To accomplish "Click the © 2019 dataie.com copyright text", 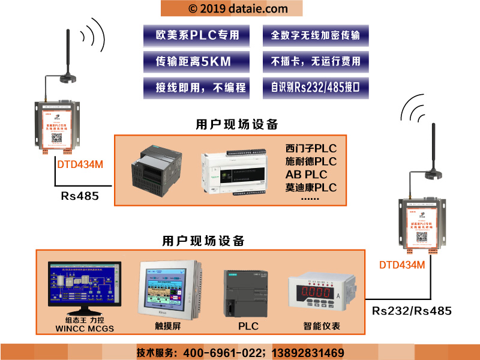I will tap(230, 8).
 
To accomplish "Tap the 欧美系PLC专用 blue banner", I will tap(196, 35).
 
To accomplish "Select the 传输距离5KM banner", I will tap(196, 61).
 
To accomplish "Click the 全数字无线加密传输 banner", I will tap(316, 35).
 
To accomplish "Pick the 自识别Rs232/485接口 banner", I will tap(316, 88).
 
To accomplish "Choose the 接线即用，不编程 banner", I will tap(196, 88).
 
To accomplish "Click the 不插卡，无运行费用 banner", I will tap(316, 61).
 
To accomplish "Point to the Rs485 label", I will tap(80, 196).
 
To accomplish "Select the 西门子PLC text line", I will tap(311, 148).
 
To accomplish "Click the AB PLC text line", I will tap(306, 175).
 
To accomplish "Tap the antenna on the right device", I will tap(433, 150).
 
